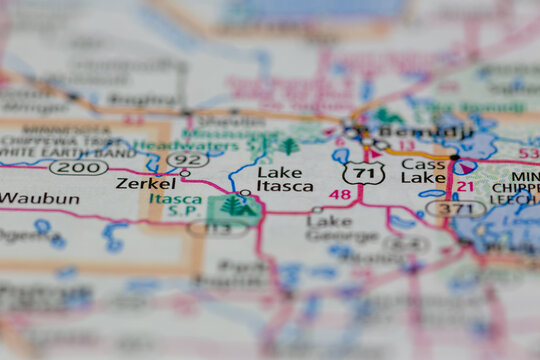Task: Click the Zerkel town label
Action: (145, 184)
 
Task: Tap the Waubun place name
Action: (38, 198)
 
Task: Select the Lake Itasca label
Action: (285, 179)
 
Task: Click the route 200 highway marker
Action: (79, 167)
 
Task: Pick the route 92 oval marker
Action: (188, 159)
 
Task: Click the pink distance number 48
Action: (340, 194)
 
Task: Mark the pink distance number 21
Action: (465, 187)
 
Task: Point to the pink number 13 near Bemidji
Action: (406, 146)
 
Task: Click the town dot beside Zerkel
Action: (185, 174)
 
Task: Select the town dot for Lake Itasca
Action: (245, 193)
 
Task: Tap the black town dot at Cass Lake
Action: (455, 158)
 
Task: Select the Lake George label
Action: (329, 227)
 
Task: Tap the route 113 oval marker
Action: (217, 229)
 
